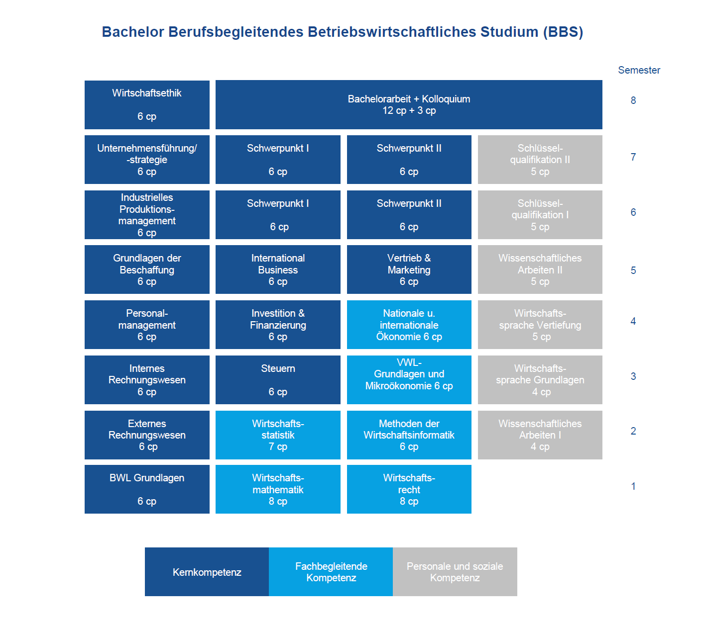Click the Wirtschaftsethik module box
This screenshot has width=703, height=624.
(x=147, y=104)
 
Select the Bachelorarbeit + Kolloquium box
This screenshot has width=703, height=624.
(x=408, y=104)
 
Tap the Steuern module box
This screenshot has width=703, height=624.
(x=278, y=379)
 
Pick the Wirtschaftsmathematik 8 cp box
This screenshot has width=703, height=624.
(x=278, y=489)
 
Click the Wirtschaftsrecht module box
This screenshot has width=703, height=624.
(x=409, y=489)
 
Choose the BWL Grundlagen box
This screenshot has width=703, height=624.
(x=147, y=489)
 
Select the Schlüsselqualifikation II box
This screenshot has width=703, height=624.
(x=540, y=160)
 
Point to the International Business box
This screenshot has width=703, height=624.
(x=278, y=269)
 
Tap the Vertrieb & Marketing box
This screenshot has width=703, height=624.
(x=409, y=269)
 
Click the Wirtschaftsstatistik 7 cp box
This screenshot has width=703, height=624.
(x=278, y=435)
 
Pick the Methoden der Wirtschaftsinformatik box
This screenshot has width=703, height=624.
(x=409, y=435)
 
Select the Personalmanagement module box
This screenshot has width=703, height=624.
(x=147, y=324)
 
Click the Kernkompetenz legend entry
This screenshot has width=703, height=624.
(x=207, y=572)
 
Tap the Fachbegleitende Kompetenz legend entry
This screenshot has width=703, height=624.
(x=331, y=572)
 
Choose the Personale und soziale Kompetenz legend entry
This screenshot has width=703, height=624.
(x=455, y=572)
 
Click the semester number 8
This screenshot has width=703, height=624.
(x=633, y=100)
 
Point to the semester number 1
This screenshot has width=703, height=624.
(x=633, y=486)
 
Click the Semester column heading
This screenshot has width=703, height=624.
(x=639, y=70)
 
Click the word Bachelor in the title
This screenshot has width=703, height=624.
(x=133, y=32)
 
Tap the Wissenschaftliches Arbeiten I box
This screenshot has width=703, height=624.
(x=540, y=435)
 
